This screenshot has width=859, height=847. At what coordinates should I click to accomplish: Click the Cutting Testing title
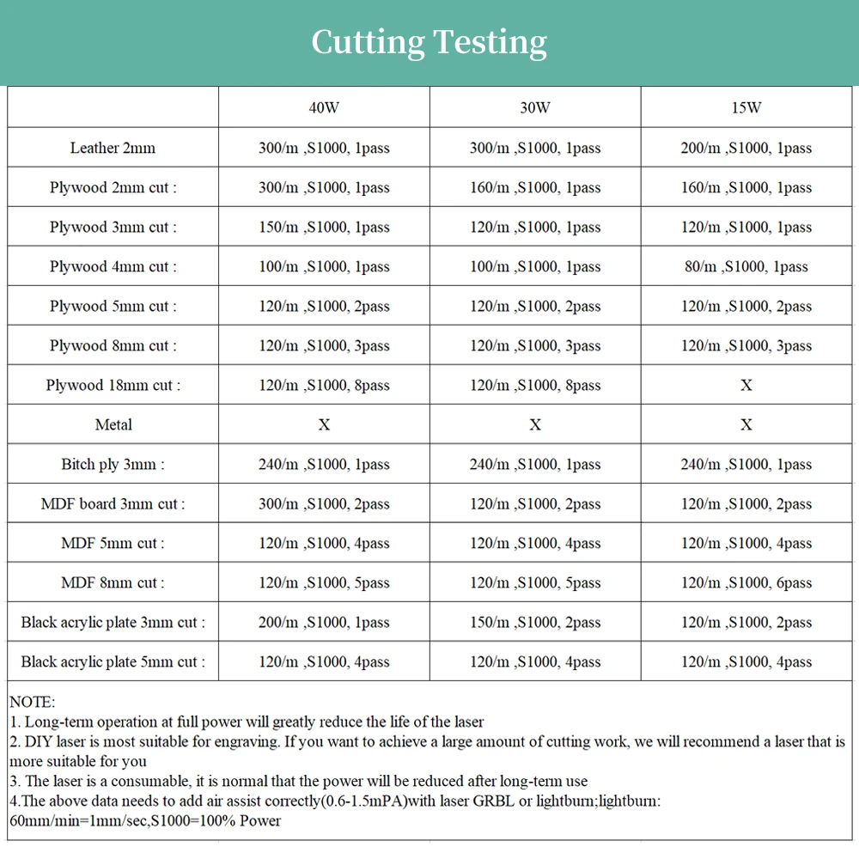click(x=429, y=41)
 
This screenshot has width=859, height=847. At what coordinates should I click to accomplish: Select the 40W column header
click(x=324, y=108)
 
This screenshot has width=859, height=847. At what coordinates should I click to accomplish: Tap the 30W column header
click(x=535, y=108)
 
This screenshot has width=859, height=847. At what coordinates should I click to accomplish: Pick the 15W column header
click(x=746, y=108)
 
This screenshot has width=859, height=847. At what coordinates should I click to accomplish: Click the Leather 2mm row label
click(x=113, y=148)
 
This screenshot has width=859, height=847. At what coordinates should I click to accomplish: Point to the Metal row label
click(x=113, y=424)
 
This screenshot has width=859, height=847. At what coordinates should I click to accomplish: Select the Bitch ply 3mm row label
click(x=113, y=464)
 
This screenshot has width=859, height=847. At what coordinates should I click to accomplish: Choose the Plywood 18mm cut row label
click(x=113, y=385)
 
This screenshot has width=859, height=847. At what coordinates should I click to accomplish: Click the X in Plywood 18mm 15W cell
click(x=746, y=385)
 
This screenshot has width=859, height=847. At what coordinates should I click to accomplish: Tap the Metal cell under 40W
click(x=324, y=424)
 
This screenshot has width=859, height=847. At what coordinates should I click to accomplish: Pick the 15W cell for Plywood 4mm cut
click(x=746, y=266)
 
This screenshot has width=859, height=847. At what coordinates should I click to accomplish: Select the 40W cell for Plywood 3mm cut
click(x=324, y=227)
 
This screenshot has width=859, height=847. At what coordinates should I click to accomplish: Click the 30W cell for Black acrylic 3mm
click(x=535, y=622)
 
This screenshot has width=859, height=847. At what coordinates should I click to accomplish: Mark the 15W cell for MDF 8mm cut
click(x=746, y=582)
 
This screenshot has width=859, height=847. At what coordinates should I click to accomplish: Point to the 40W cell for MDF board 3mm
click(x=324, y=503)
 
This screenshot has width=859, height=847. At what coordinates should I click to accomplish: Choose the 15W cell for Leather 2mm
click(x=746, y=148)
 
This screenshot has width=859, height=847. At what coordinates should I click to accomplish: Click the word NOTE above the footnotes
click(x=32, y=703)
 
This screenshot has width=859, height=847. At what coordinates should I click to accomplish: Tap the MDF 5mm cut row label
click(x=113, y=543)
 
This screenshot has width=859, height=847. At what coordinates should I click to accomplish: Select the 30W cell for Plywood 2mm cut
click(x=535, y=187)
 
